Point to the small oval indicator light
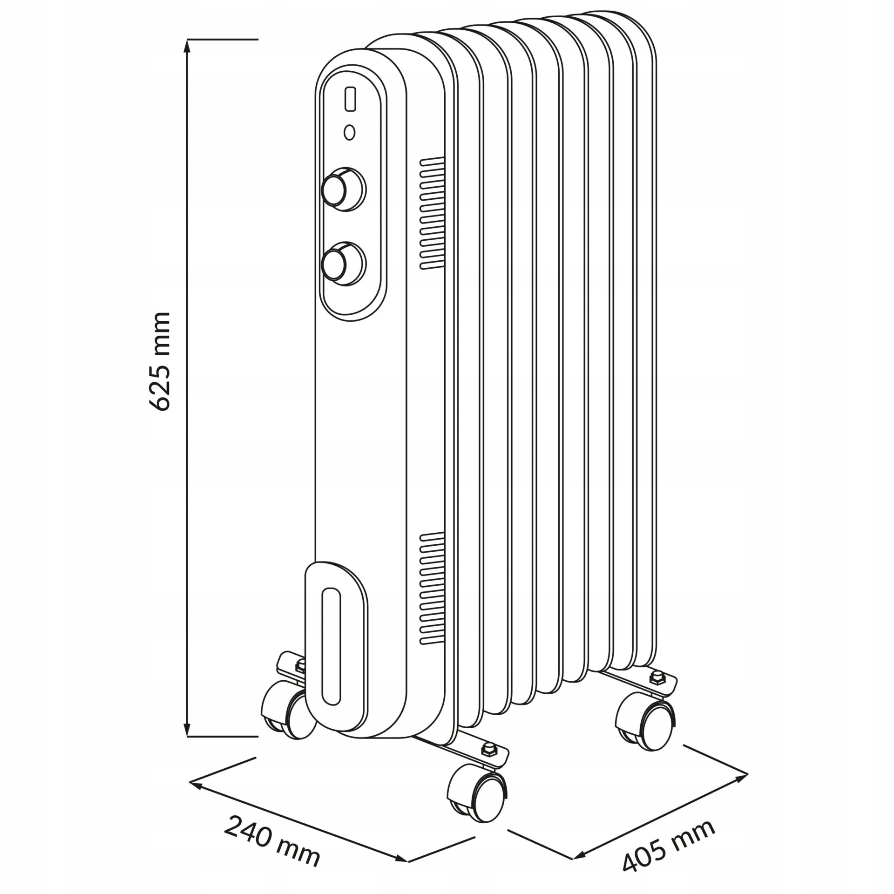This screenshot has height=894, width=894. click(349, 133)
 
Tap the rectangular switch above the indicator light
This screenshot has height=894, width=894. click(350, 99)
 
